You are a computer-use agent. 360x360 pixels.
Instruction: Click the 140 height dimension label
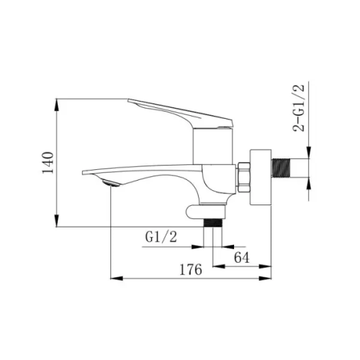tap(48, 163)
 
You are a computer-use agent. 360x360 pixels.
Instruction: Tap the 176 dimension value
tap(191, 269)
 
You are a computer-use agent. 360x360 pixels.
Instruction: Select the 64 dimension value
tap(242, 258)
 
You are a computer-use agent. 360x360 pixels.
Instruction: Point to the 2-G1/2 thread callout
tap(298, 108)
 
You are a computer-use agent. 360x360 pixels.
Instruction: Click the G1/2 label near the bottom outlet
tap(161, 237)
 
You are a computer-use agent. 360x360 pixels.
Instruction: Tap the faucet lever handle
tap(182, 113)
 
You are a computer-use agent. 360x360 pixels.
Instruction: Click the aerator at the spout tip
tap(111, 183)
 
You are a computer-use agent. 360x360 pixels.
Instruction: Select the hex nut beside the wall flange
tap(243, 177)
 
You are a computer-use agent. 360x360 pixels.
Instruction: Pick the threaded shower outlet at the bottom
tap(213, 223)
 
